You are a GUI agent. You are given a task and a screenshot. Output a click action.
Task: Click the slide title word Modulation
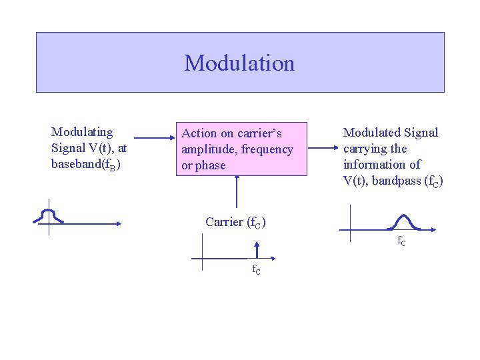click(239, 63)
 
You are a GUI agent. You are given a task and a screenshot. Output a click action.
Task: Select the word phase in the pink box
click(211, 165)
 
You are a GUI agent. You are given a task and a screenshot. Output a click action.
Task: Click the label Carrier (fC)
click(235, 223)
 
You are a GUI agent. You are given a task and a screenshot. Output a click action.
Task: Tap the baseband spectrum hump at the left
click(48, 215)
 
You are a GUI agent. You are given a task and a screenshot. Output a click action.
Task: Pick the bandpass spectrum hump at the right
click(403, 221)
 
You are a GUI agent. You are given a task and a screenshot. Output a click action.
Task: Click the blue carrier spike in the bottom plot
click(257, 251)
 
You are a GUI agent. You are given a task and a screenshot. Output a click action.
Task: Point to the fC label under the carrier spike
click(256, 270)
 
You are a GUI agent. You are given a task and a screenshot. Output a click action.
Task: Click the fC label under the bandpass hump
click(402, 241)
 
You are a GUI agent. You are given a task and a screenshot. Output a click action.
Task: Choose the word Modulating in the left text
click(82, 132)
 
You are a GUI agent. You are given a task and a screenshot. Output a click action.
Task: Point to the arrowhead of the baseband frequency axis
click(118, 224)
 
